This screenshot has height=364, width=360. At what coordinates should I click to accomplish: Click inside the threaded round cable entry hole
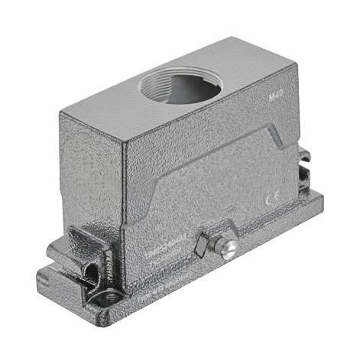click(x=180, y=88)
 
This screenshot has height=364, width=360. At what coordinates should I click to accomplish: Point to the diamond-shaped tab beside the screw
click(x=202, y=245)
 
